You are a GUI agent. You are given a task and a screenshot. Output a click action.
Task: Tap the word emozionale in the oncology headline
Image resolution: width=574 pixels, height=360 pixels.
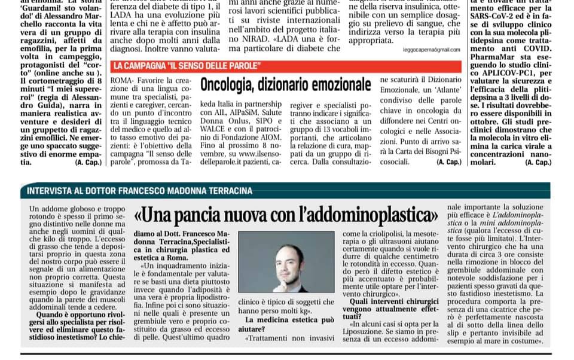337,84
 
